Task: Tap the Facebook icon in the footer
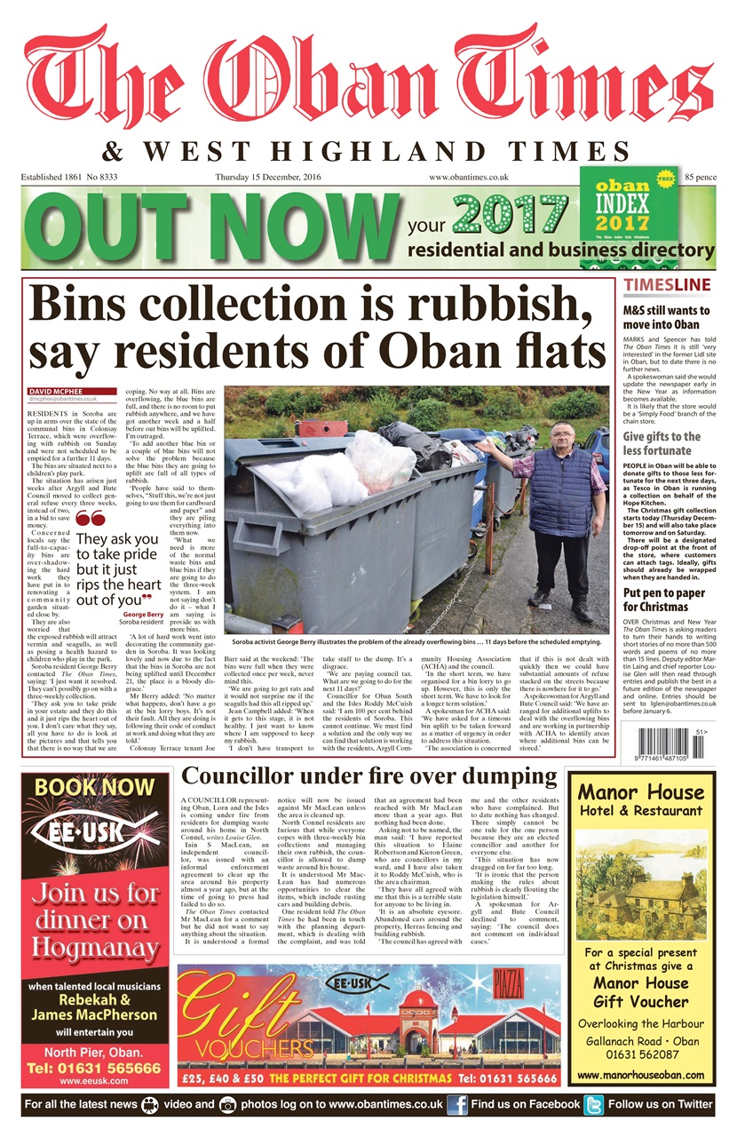click(x=457, y=1104)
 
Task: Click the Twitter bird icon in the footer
click(x=593, y=1104)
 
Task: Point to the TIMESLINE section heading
click(x=668, y=285)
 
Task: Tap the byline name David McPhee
click(x=53, y=392)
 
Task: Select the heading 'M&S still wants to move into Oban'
click(x=666, y=318)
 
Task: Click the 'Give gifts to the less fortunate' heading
click(x=662, y=443)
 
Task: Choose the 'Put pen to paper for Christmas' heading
click(x=662, y=600)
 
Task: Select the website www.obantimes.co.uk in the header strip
click(x=468, y=178)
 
